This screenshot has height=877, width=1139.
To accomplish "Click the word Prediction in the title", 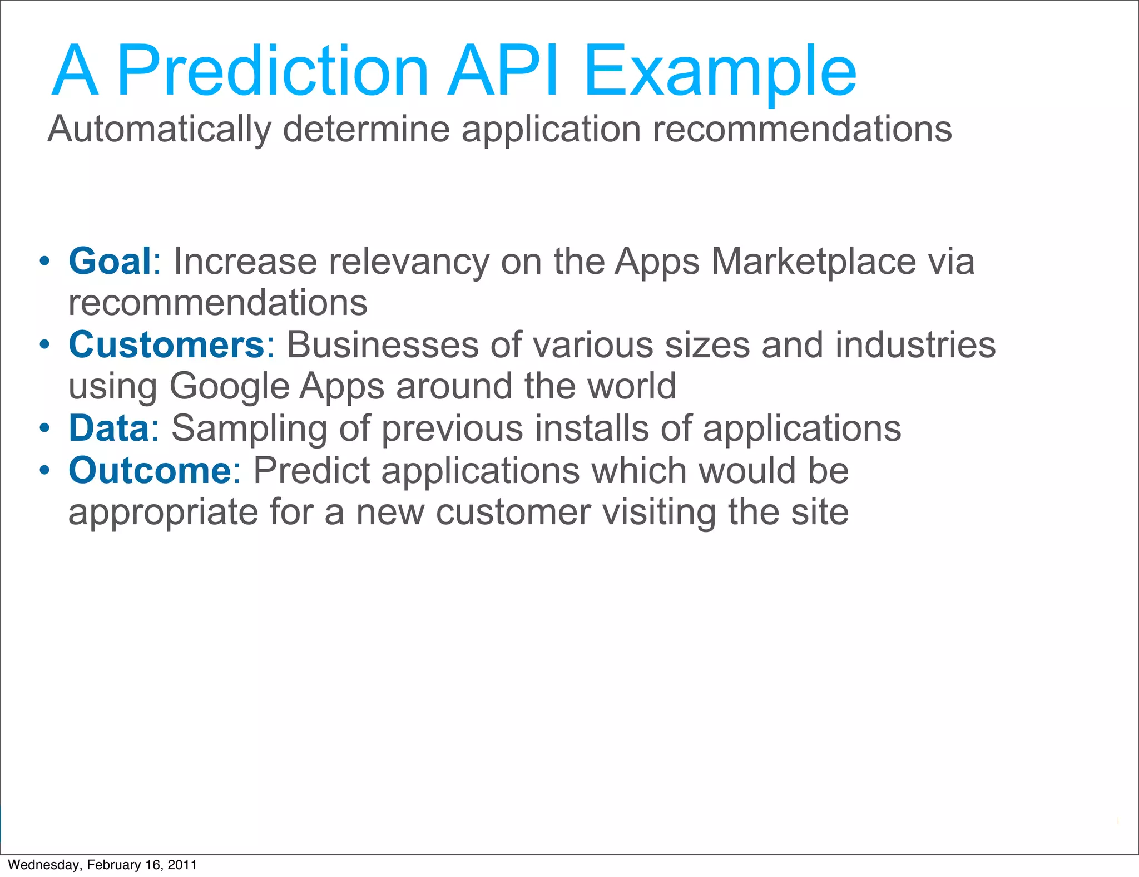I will pyautogui.click(x=273, y=72).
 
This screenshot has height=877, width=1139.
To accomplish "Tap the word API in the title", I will pyautogui.click(x=503, y=72).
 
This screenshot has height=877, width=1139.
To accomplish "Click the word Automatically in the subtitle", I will pyautogui.click(x=159, y=130).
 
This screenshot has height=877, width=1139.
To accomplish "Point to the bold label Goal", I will pyautogui.click(x=110, y=261).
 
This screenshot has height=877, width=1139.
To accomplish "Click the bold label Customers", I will pyautogui.click(x=166, y=345).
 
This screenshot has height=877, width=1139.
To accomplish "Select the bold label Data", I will pyautogui.click(x=109, y=428).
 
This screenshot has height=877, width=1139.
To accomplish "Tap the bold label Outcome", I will pyautogui.click(x=150, y=471).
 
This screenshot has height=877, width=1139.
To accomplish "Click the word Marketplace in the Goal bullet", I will pyautogui.click(x=813, y=262).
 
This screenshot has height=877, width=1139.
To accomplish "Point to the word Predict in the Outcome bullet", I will pyautogui.click(x=311, y=471).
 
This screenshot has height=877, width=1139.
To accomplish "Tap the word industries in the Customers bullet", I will pyautogui.click(x=915, y=345).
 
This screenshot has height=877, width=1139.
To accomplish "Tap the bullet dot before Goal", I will pyautogui.click(x=45, y=261).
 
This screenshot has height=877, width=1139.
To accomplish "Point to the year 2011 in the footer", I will pyautogui.click(x=182, y=865).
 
